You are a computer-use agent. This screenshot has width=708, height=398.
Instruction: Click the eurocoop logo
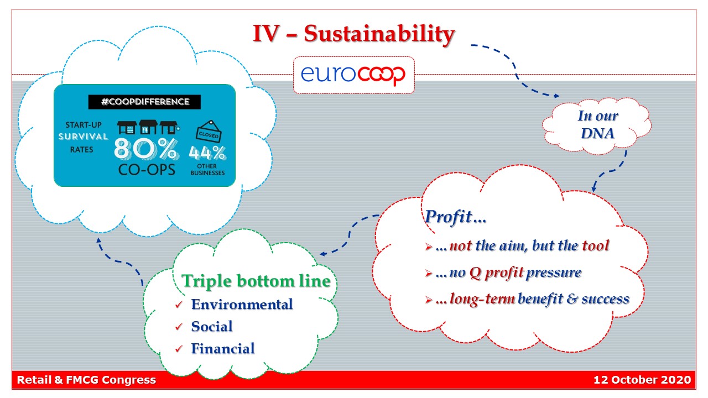pos(353,75)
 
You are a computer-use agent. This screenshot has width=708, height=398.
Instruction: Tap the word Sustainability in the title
pos(379,34)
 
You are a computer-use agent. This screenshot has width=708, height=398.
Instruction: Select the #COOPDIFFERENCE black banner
pos(144,102)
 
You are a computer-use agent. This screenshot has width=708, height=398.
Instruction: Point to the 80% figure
pos(147,148)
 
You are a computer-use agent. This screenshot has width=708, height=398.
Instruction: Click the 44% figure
pos(207,153)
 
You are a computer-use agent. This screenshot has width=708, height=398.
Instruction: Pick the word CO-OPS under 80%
pos(147,170)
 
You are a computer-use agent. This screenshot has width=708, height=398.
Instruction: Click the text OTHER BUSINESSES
pos(207,169)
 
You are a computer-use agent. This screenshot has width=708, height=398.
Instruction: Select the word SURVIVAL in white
pos(83,137)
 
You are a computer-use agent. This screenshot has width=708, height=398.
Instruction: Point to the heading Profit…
pos(455,217)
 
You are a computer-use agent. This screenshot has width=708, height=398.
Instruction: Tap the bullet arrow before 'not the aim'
pos(428,247)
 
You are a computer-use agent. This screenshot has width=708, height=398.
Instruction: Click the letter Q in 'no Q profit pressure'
pos(475,273)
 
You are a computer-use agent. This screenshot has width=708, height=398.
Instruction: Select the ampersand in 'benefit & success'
pos(572,299)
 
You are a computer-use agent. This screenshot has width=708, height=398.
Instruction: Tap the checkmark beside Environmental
pos(179,305)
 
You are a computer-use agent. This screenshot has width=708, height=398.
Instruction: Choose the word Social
pos(212,326)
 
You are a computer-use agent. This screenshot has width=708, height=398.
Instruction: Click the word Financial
pos(223,348)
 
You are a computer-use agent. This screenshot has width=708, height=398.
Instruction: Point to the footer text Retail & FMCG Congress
pos(86,380)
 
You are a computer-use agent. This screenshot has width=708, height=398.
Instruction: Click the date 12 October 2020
pos(642,380)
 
